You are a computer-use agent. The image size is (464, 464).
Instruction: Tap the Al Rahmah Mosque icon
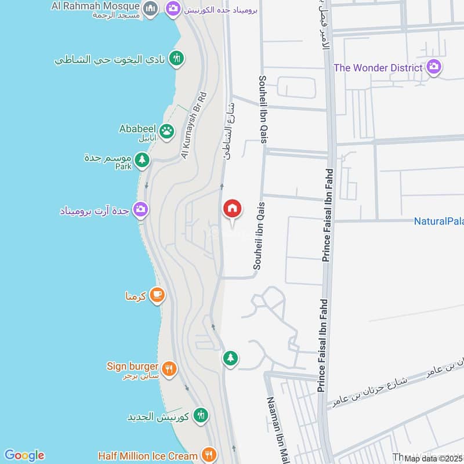(150, 8)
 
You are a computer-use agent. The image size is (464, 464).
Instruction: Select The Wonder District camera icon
(433, 68)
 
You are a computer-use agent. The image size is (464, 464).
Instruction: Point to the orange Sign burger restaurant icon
(168, 368)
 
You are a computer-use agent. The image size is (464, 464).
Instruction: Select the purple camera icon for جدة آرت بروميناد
(140, 209)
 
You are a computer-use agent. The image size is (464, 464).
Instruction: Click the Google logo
(24, 455)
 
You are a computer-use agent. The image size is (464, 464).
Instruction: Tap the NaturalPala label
(438, 221)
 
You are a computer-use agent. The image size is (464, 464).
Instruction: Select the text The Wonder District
(378, 68)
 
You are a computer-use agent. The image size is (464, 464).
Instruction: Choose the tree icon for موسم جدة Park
(142, 159)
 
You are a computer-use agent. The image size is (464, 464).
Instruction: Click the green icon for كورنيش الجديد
(201, 415)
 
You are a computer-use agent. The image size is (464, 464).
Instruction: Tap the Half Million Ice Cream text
(148, 456)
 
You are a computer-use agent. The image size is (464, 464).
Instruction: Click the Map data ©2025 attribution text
(434, 459)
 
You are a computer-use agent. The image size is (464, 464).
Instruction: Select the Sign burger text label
(132, 367)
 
